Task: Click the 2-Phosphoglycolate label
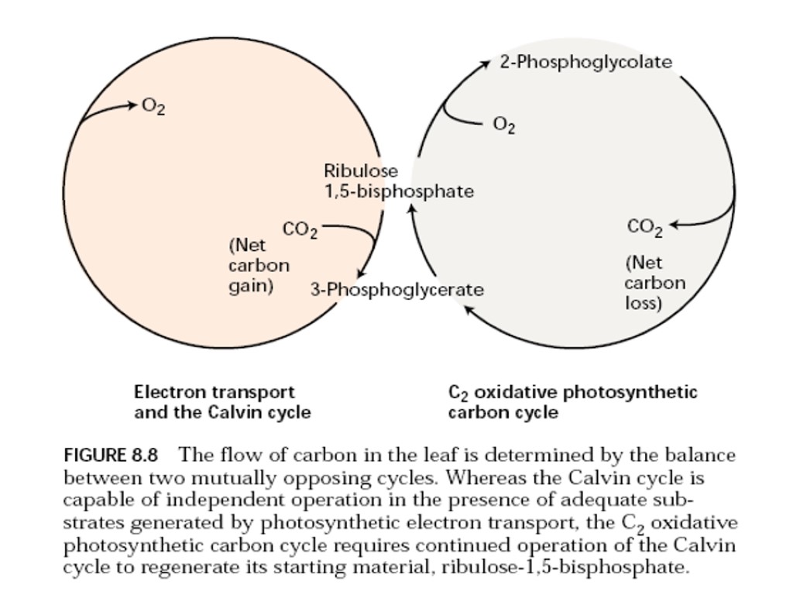coord(585,62)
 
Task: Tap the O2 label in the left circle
coord(153,106)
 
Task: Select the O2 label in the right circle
coord(504,125)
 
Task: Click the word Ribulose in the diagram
coord(361,170)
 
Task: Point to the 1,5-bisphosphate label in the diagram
coord(399,191)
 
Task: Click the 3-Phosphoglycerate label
coord(396,290)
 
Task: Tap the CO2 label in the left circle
coord(300,230)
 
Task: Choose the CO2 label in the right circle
coord(645,227)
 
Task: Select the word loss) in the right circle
coord(644,303)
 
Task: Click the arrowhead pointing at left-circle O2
coord(133,105)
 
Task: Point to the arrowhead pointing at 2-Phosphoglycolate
coord(486,63)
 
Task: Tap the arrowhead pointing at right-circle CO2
coord(673,225)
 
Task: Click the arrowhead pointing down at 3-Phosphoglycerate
coord(359,273)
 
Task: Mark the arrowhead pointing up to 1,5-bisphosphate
coord(412,208)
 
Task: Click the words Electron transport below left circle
coord(215,393)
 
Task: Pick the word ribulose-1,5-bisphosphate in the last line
coord(565,567)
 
